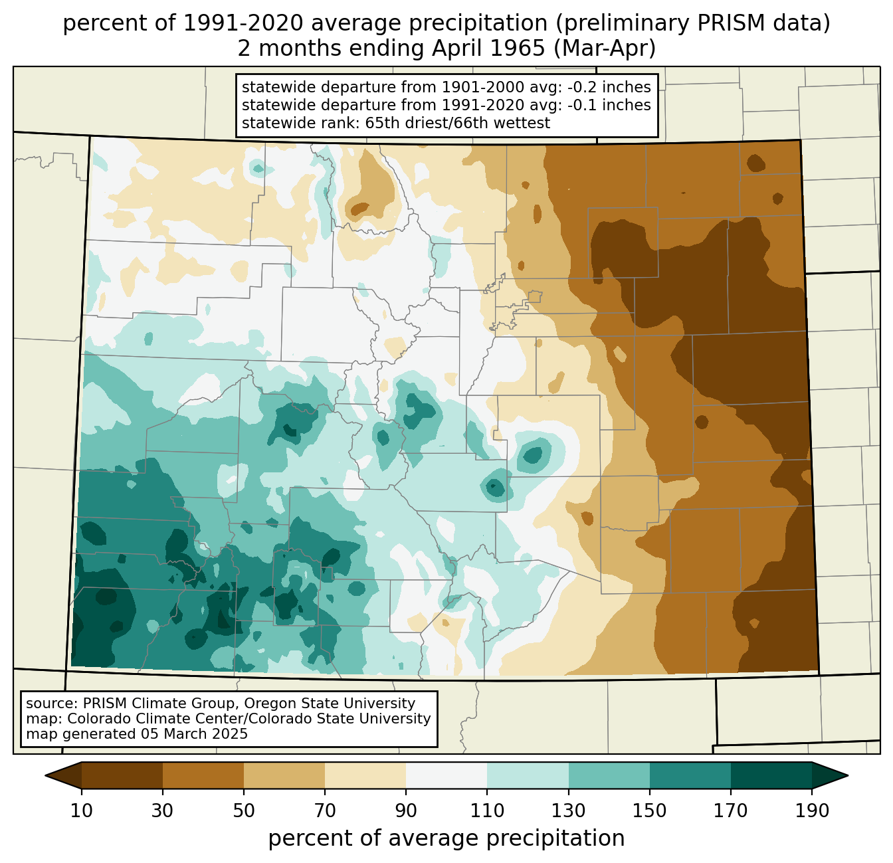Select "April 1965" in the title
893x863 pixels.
[x=488, y=48]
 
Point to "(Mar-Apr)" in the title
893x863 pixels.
[x=605, y=48]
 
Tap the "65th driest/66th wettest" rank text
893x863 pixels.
[x=458, y=123]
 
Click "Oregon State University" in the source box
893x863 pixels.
[x=330, y=704]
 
